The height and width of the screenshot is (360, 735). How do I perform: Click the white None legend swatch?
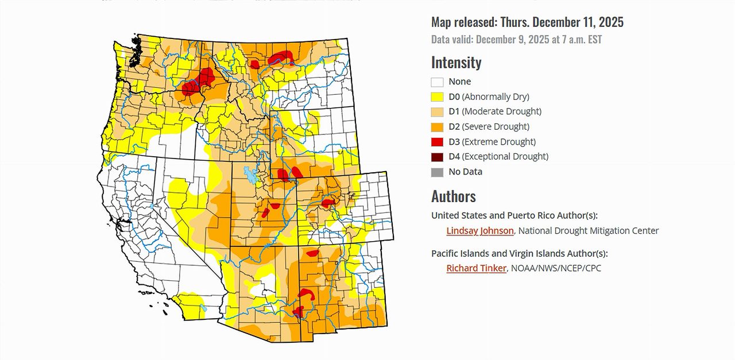[437, 82]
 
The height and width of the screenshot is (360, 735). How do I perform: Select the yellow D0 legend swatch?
[437, 97]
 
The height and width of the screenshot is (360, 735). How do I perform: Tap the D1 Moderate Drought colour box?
[437, 112]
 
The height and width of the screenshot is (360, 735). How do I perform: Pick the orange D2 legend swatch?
[437, 127]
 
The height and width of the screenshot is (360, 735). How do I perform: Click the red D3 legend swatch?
[437, 142]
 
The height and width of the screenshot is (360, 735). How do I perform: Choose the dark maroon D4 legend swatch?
[437, 157]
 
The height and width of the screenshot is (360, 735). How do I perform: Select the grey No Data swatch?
[437, 172]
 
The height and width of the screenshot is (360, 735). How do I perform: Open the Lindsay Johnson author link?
[480, 231]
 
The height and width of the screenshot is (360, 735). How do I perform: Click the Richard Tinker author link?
[476, 268]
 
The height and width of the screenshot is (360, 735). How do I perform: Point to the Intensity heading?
[456, 62]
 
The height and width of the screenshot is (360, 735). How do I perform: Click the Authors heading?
[453, 196]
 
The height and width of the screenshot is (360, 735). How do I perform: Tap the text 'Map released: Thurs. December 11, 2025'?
[527, 22]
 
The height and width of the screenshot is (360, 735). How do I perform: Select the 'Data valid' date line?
[516, 40]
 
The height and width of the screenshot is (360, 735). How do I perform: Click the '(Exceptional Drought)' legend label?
[505, 157]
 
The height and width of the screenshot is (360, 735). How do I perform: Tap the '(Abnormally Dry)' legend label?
[496, 97]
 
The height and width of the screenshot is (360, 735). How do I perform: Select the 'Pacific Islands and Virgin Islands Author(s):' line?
[519, 253]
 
